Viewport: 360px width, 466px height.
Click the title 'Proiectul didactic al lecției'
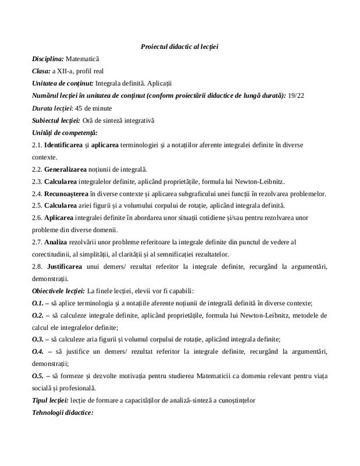pyautogui.click(x=179, y=46)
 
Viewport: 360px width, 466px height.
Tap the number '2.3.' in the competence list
pyautogui.click(x=37, y=182)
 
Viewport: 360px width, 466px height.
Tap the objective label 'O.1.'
pyautogui.click(x=38, y=303)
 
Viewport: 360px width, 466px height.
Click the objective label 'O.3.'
pyautogui.click(x=38, y=340)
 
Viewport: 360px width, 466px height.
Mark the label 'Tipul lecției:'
pyautogui.click(x=50, y=401)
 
